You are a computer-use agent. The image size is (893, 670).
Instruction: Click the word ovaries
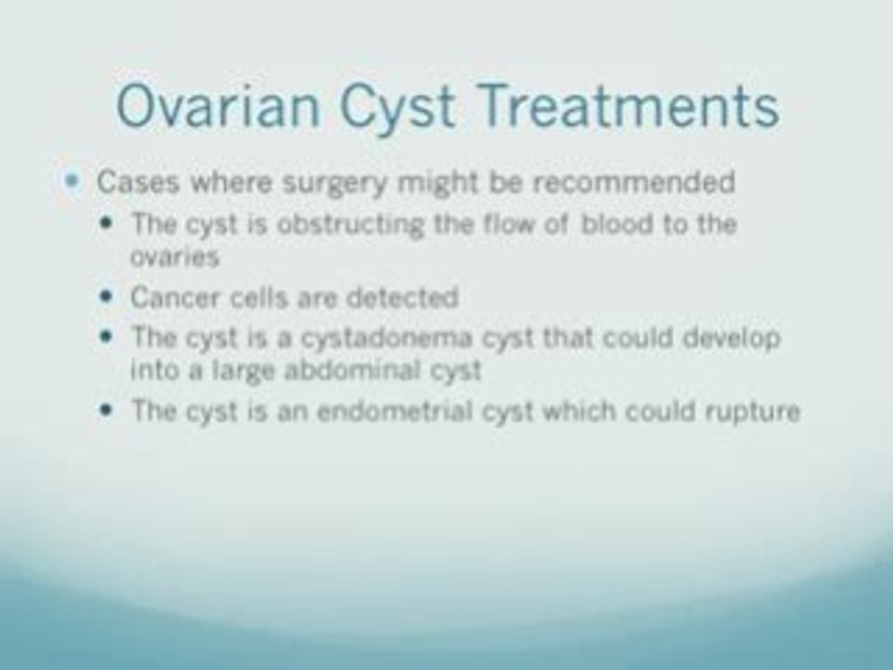174,256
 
